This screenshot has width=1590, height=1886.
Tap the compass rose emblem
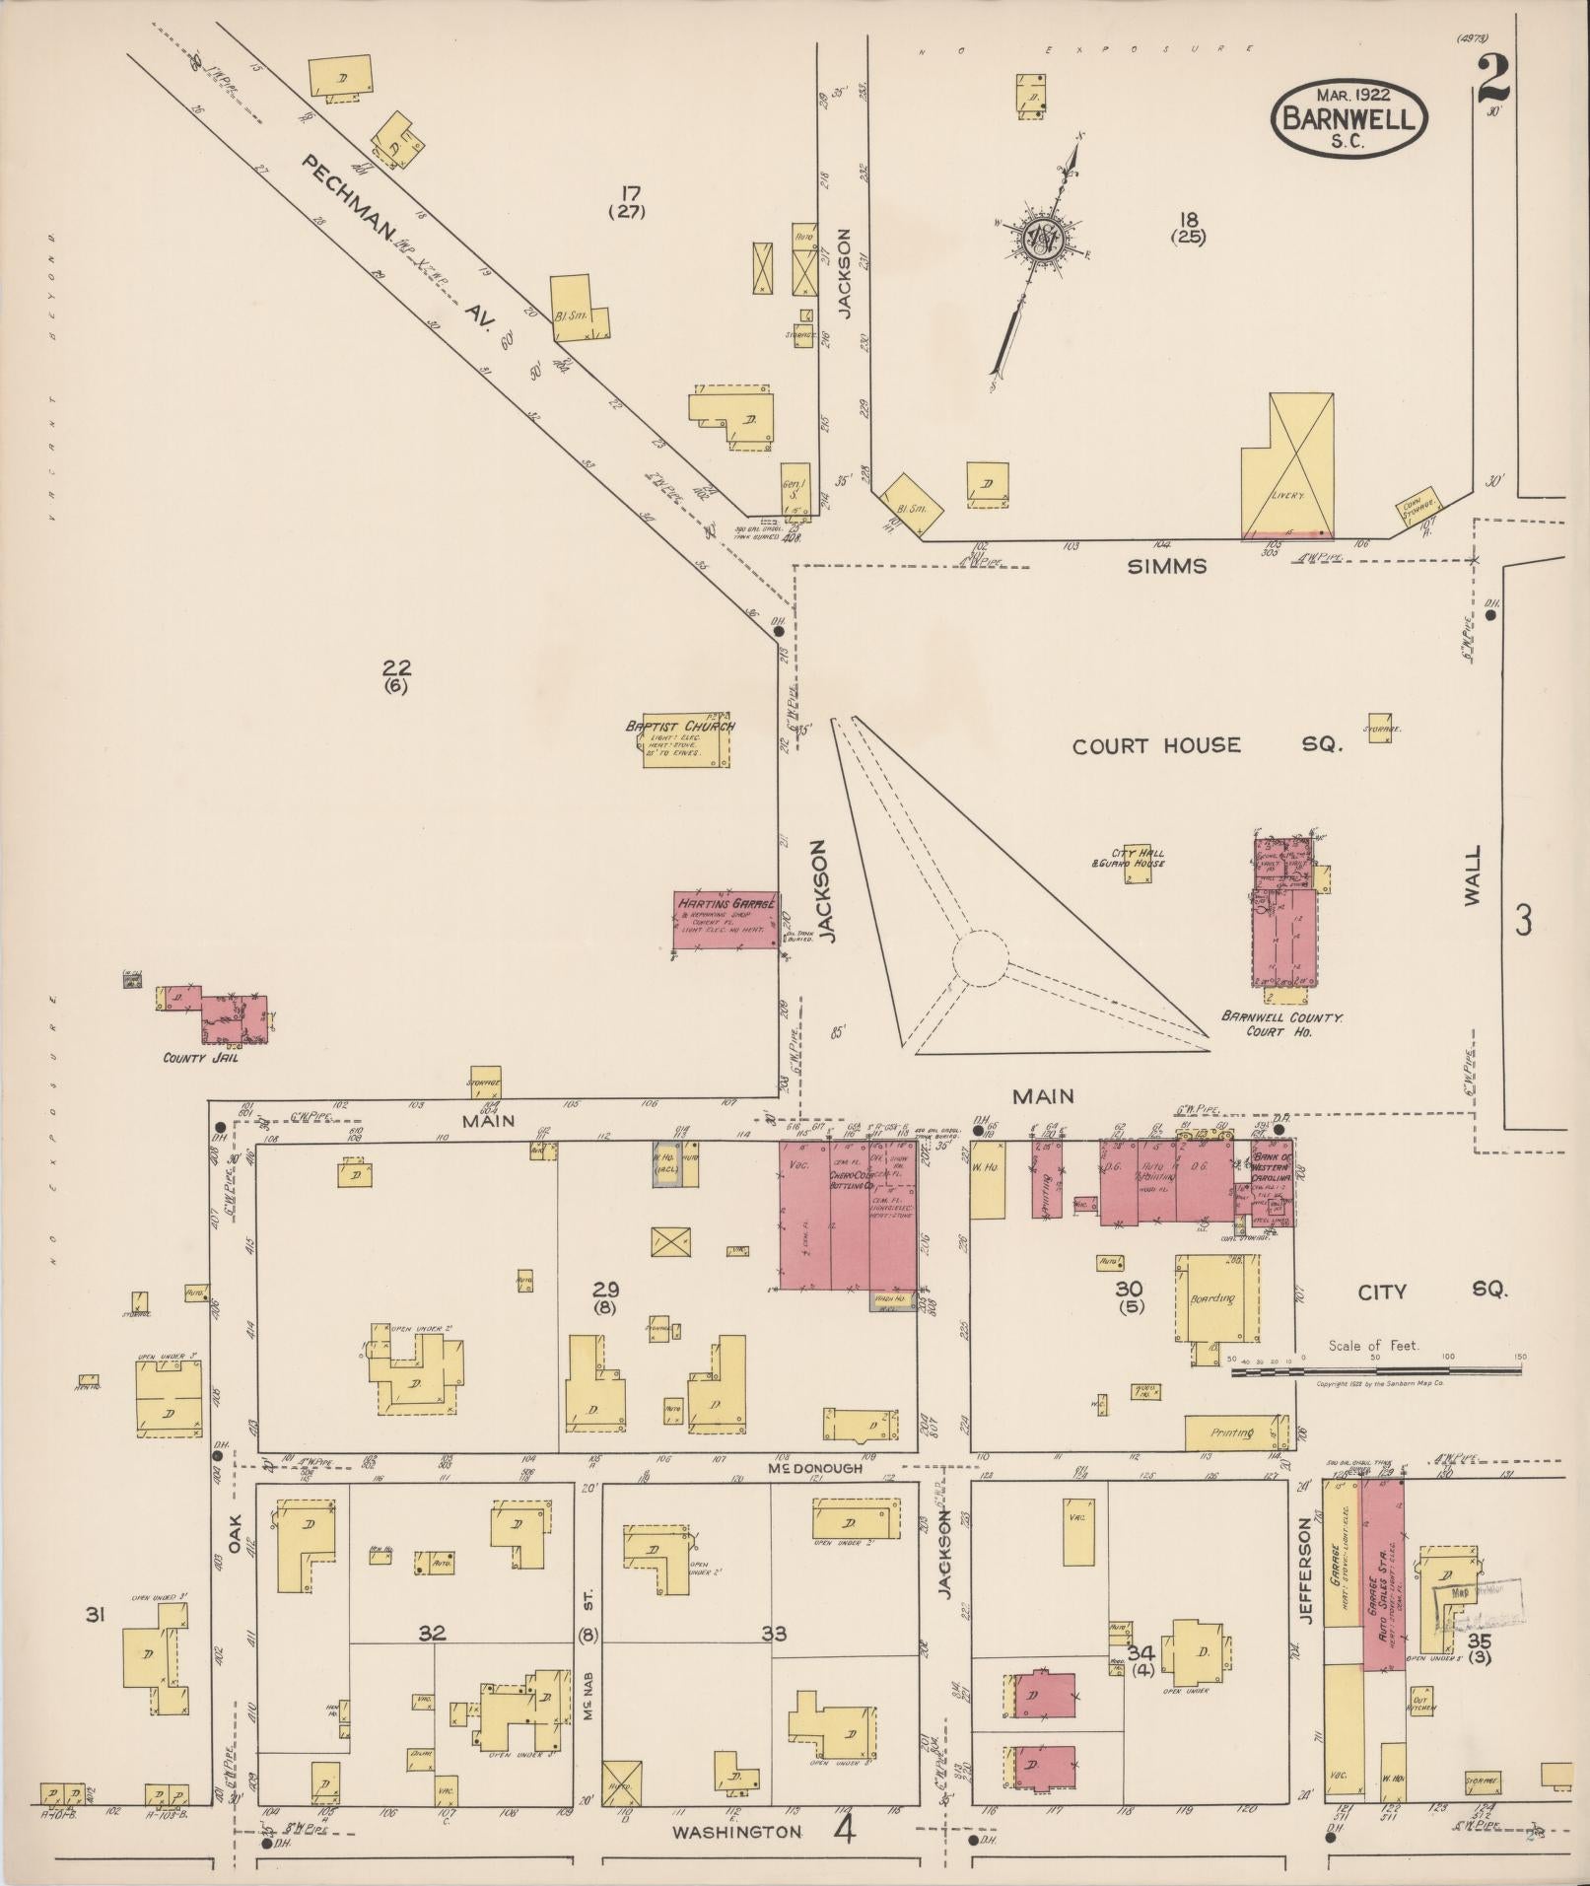pos(1041,237)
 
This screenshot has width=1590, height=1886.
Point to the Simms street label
pos(1166,566)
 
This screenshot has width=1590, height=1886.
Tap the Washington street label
pos(737,1831)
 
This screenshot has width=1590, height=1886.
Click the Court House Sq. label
pos(1207,745)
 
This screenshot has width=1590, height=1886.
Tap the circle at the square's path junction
pos(980,956)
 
